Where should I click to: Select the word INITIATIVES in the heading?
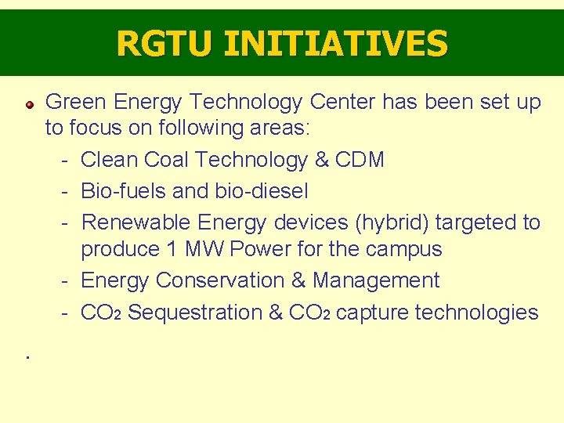pyautogui.click(x=335, y=43)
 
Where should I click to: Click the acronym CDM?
pyautogui.click(x=360, y=160)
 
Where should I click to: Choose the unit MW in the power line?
pyautogui.click(x=203, y=250)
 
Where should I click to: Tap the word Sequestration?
pyautogui.click(x=194, y=313)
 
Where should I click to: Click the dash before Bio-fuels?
pyautogui.click(x=67, y=191)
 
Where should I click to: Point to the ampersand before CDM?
pyautogui.click(x=321, y=160)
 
